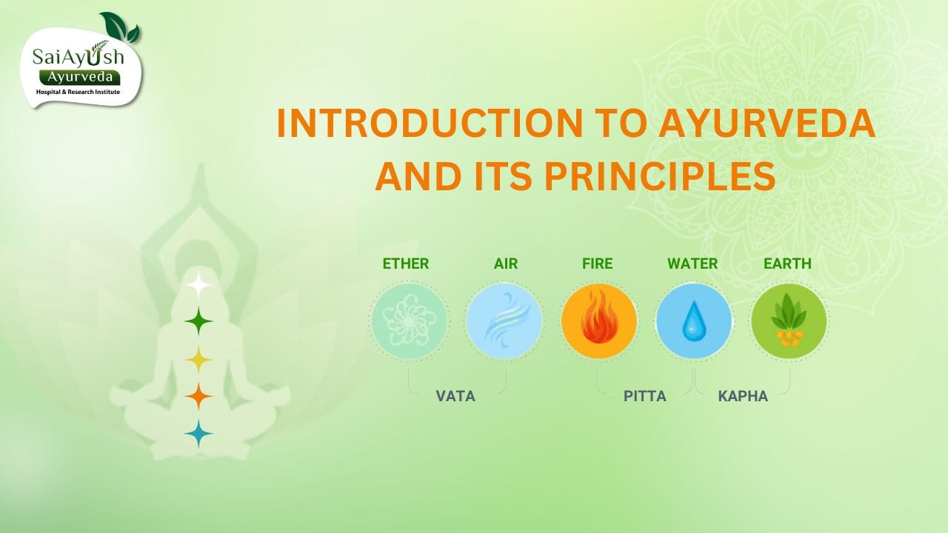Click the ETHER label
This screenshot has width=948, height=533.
[x=405, y=264]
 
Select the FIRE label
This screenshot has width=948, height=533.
[x=597, y=264]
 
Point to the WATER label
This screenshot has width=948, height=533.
[x=692, y=264]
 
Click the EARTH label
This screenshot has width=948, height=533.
[x=787, y=264]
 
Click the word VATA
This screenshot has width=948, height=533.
[x=455, y=396]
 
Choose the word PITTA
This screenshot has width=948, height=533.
[x=644, y=396]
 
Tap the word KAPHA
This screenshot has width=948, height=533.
[x=743, y=396]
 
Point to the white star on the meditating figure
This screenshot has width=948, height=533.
[x=198, y=284]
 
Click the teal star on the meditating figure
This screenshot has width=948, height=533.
[x=198, y=434]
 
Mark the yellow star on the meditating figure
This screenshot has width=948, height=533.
[x=198, y=360]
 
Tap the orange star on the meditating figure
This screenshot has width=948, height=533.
[x=198, y=397]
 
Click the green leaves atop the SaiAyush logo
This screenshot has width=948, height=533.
[x=121, y=27]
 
